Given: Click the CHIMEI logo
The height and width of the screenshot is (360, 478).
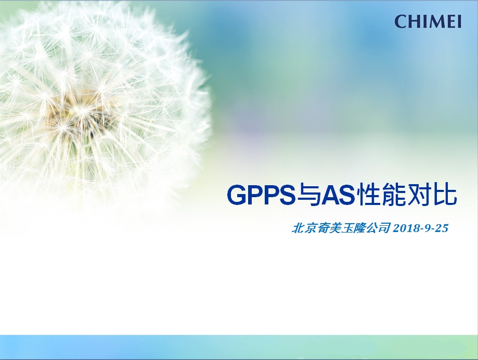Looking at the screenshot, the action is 428,22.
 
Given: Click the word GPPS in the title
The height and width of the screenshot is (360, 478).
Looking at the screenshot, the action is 261,195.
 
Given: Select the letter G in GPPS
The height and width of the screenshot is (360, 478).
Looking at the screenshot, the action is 237,195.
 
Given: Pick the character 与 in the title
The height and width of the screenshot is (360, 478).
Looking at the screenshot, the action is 306,195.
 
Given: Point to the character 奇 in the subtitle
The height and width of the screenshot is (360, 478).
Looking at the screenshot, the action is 322,228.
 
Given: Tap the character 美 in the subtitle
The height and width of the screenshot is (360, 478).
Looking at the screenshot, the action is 334,228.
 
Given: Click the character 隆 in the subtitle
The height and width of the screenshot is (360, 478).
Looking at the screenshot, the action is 359,228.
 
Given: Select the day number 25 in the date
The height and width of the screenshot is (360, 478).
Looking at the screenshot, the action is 442,228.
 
